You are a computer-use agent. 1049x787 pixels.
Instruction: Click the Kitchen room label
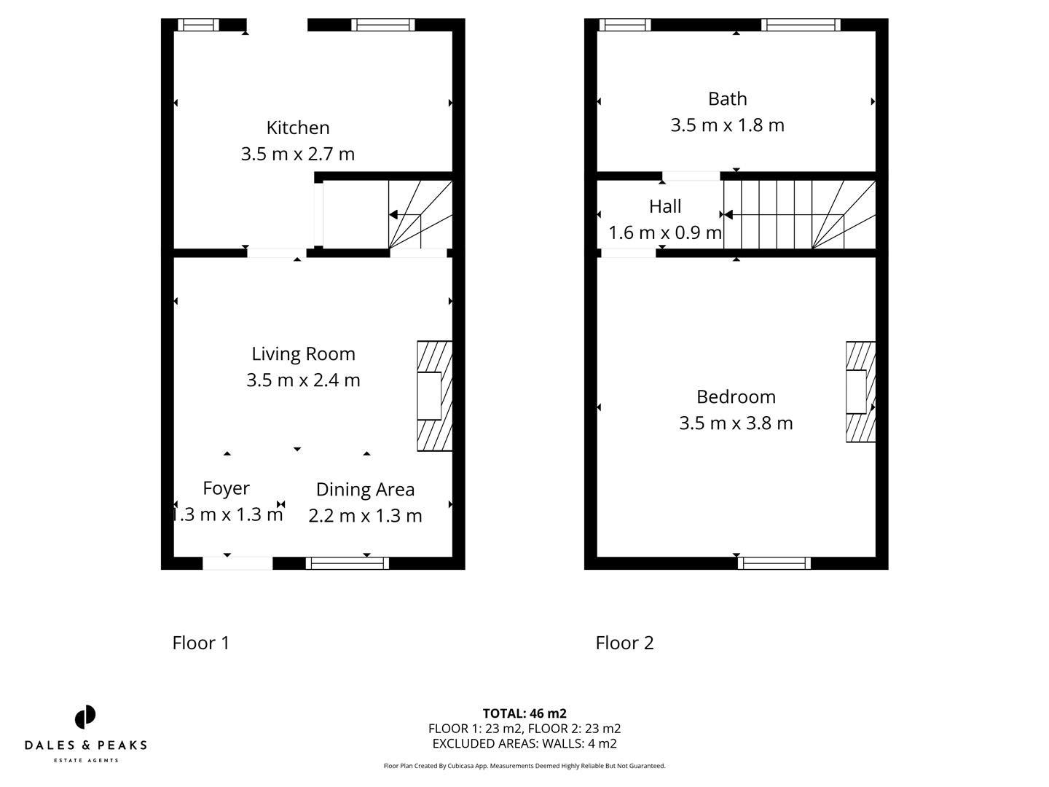coord(298,128)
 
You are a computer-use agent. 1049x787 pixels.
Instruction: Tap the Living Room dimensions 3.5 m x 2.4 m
coord(303,380)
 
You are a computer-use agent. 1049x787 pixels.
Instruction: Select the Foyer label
coord(226,488)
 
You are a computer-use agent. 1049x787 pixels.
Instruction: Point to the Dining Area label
coord(365,490)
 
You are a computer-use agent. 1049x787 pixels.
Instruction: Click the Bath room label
coord(727,98)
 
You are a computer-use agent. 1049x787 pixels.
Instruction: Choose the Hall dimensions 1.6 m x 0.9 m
coord(664,232)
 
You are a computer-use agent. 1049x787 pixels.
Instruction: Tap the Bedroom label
coord(736,396)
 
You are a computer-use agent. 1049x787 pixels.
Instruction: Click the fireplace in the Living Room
coord(434,396)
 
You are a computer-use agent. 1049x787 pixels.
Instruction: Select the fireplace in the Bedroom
coord(860,392)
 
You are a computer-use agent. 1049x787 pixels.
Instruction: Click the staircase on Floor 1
coord(420,215)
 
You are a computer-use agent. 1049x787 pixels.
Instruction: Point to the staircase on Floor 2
coord(799,215)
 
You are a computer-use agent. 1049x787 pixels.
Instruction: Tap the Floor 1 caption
coord(201,643)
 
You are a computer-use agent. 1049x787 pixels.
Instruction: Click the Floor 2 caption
coord(624,643)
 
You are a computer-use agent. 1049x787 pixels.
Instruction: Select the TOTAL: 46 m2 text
coord(524,713)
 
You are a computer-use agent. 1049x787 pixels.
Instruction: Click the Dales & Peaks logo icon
coord(85,717)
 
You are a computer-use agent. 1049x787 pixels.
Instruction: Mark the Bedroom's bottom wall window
coord(774,563)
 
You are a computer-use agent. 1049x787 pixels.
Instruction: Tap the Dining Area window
coord(347,563)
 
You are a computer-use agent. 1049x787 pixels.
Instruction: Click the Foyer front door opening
coord(237,563)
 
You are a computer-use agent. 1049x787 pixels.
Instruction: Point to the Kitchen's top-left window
coord(198,25)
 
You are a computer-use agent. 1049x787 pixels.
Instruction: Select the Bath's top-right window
coord(801,25)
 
